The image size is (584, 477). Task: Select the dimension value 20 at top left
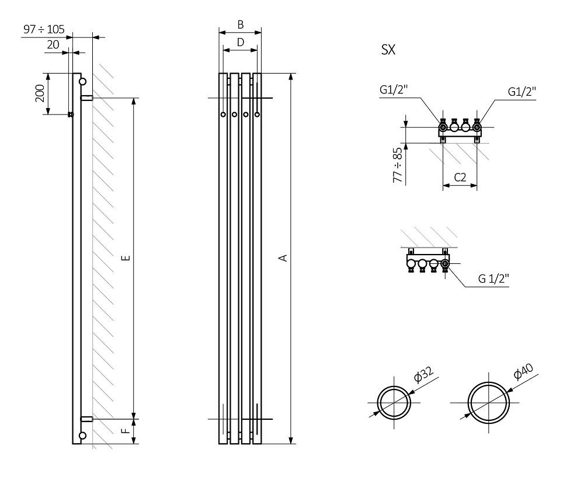click(x=53, y=45)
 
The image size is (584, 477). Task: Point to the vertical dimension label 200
click(x=40, y=93)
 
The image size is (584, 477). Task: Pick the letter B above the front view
click(x=240, y=25)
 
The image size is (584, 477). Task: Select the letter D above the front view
click(x=240, y=42)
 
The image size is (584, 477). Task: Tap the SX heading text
click(x=388, y=50)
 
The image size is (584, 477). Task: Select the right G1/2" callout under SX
click(x=522, y=92)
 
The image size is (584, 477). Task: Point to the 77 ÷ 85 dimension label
click(x=398, y=166)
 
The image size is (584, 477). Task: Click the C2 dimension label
click(x=460, y=178)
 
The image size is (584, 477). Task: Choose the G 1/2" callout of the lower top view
click(x=494, y=279)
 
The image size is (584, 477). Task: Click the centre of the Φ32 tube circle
click(x=394, y=402)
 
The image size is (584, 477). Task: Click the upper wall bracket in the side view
click(x=86, y=98)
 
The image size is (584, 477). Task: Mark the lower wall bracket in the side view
click(x=86, y=419)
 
